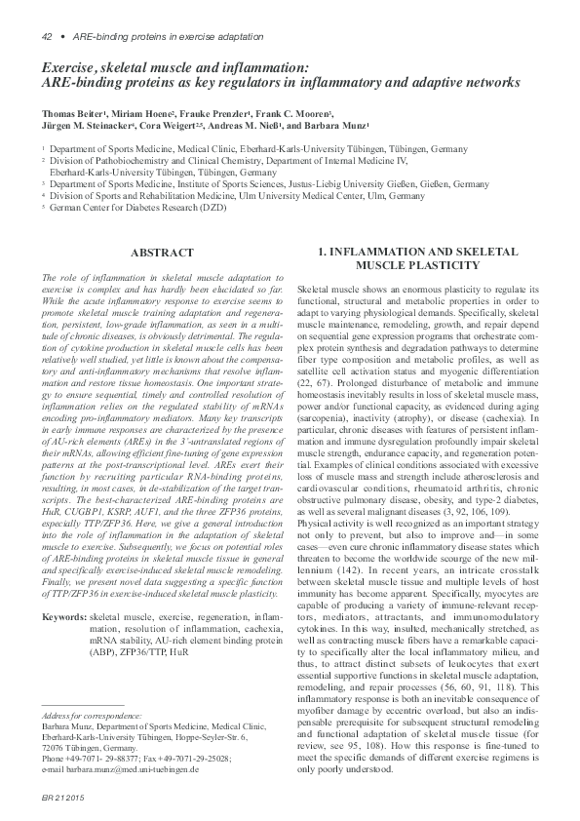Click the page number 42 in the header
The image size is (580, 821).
(x=46, y=36)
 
